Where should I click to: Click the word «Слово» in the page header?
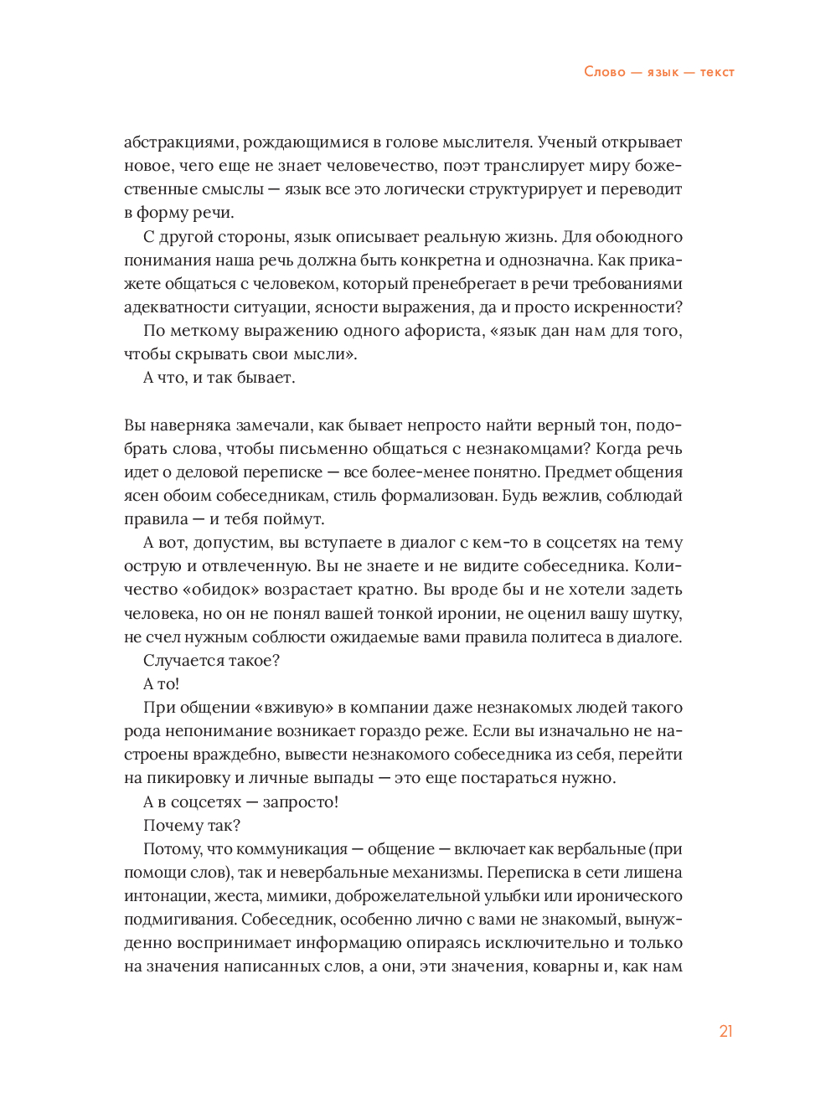(604, 72)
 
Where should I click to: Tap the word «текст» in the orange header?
(717, 72)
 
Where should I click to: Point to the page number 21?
(725, 1031)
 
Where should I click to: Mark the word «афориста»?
(450, 331)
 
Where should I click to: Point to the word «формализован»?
(438, 496)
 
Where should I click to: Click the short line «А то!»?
(162, 684)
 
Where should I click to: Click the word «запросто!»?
(301, 802)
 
